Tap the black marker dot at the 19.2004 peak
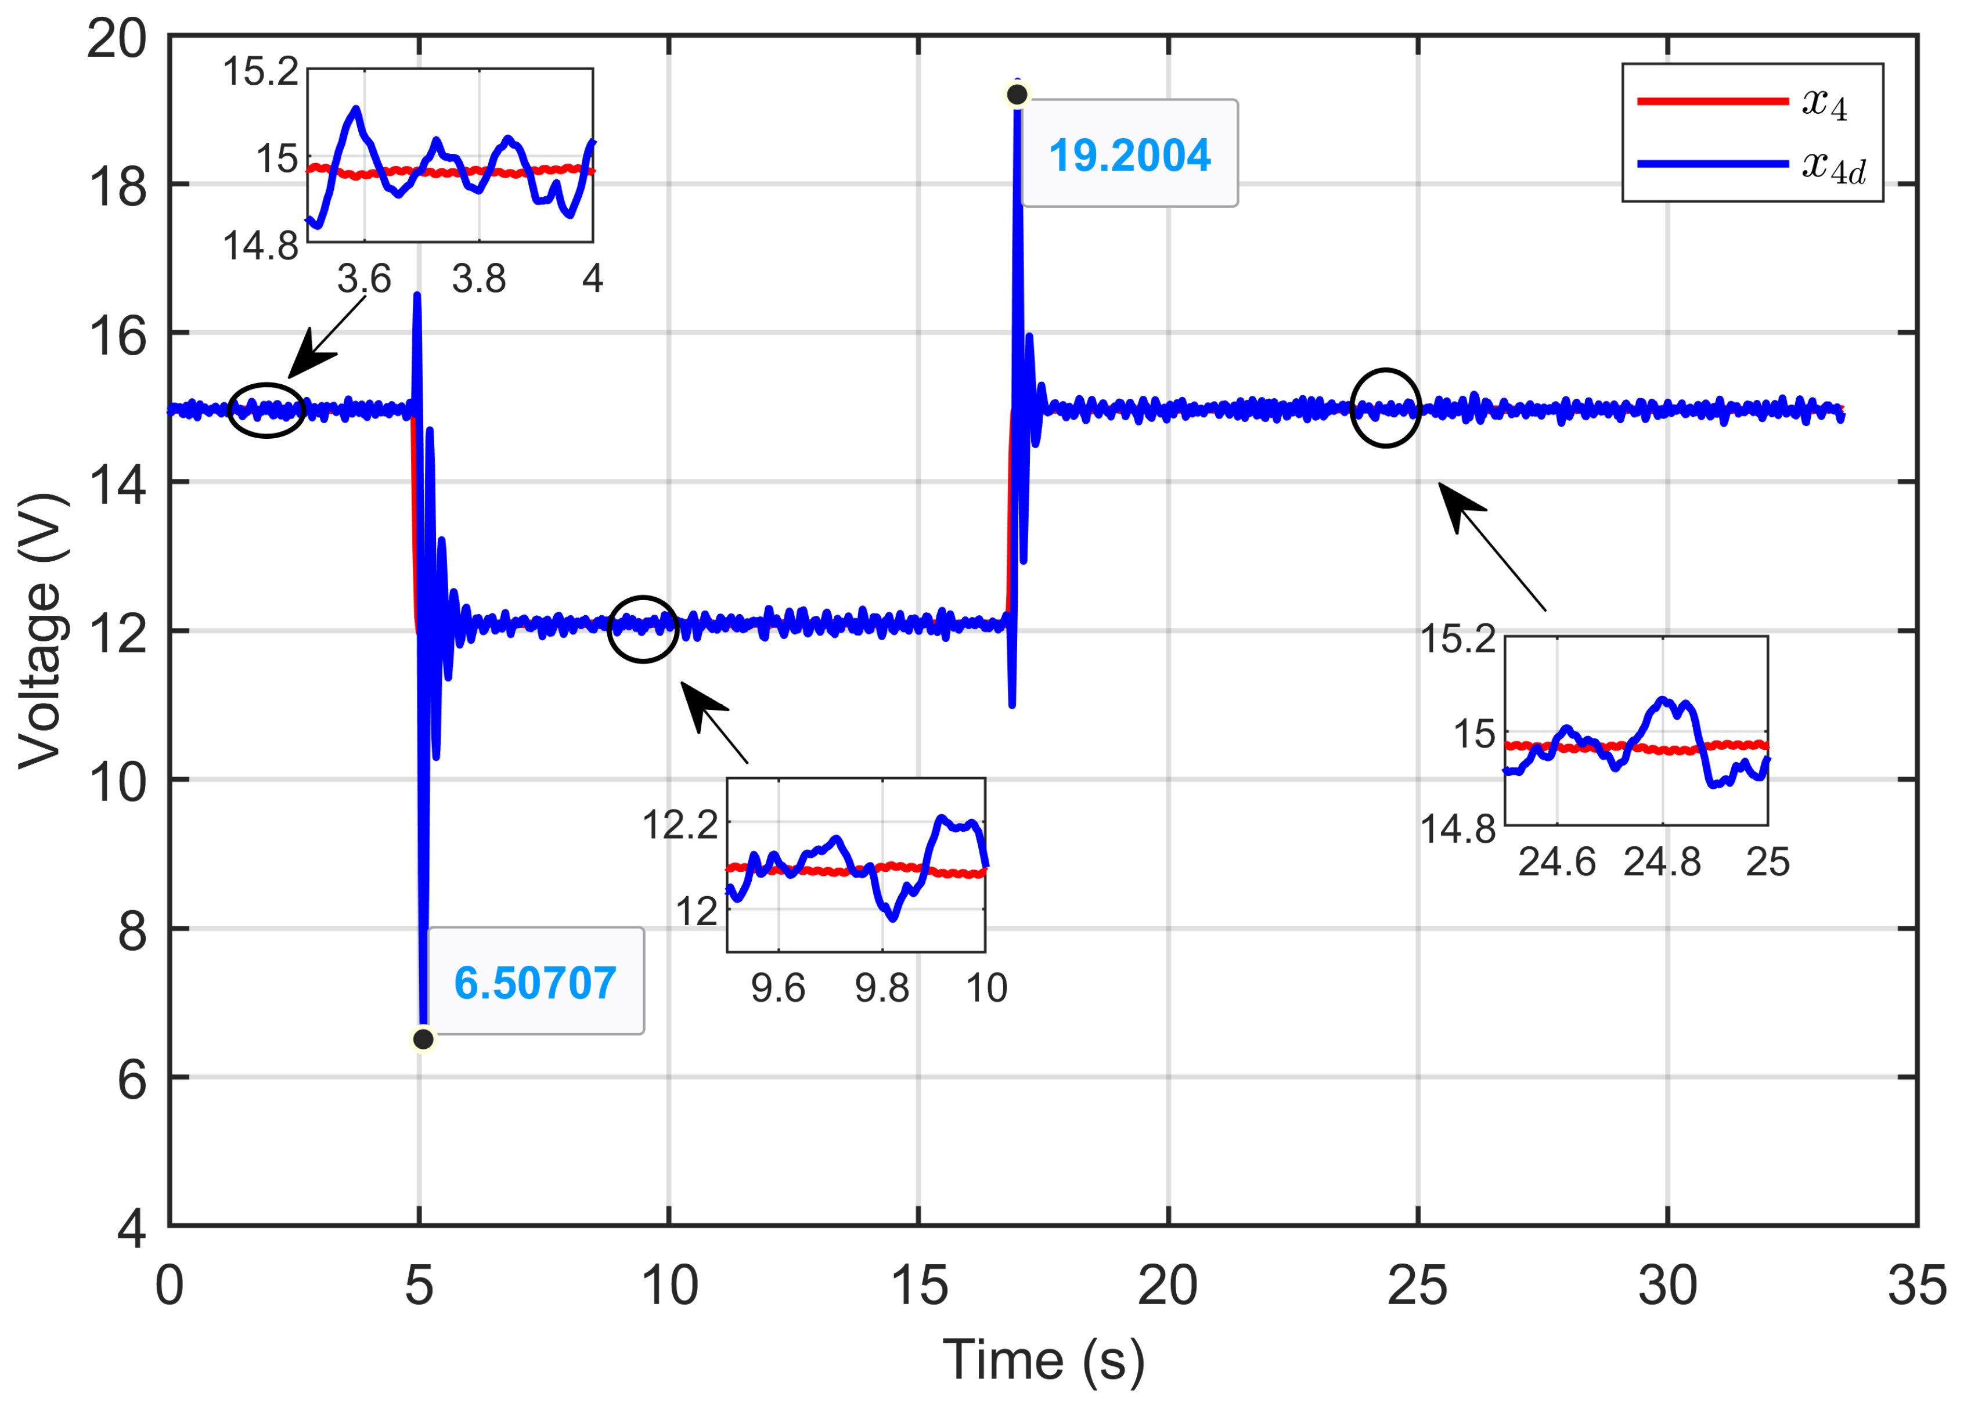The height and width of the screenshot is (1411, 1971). click(1017, 94)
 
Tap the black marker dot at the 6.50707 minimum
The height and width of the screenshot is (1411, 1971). click(423, 1039)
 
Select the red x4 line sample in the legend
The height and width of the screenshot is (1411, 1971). click(1712, 102)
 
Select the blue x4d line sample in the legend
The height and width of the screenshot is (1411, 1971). click(1712, 163)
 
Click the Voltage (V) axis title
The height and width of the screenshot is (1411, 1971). click(40, 631)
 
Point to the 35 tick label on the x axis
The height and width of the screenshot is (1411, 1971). click(1916, 1286)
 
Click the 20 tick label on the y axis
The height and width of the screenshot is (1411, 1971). click(117, 38)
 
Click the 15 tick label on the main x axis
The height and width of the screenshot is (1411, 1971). click(918, 1286)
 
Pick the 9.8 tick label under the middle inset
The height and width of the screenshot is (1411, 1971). click(881, 988)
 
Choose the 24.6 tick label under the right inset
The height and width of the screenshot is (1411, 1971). click(1556, 862)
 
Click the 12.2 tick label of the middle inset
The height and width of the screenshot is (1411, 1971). click(680, 824)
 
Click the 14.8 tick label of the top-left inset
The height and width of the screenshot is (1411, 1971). click(260, 247)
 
